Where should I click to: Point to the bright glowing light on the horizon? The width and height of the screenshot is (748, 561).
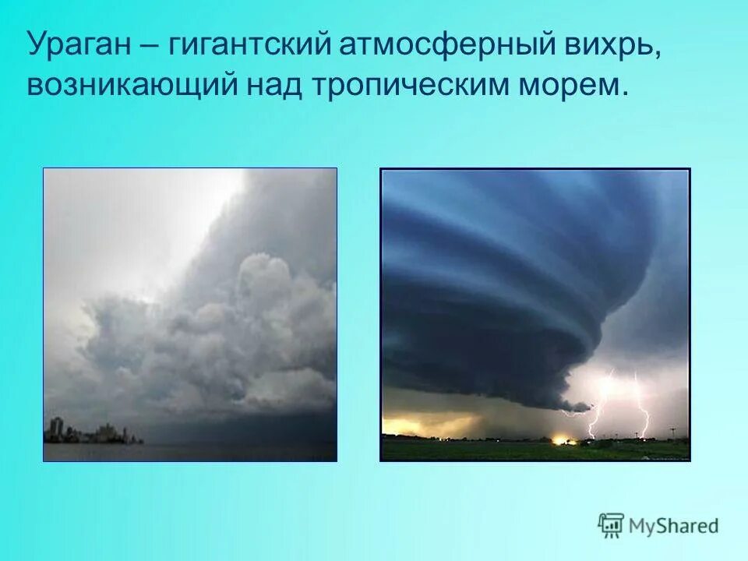click(x=560, y=439)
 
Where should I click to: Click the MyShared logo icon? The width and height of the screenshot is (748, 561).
click(x=611, y=525)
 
